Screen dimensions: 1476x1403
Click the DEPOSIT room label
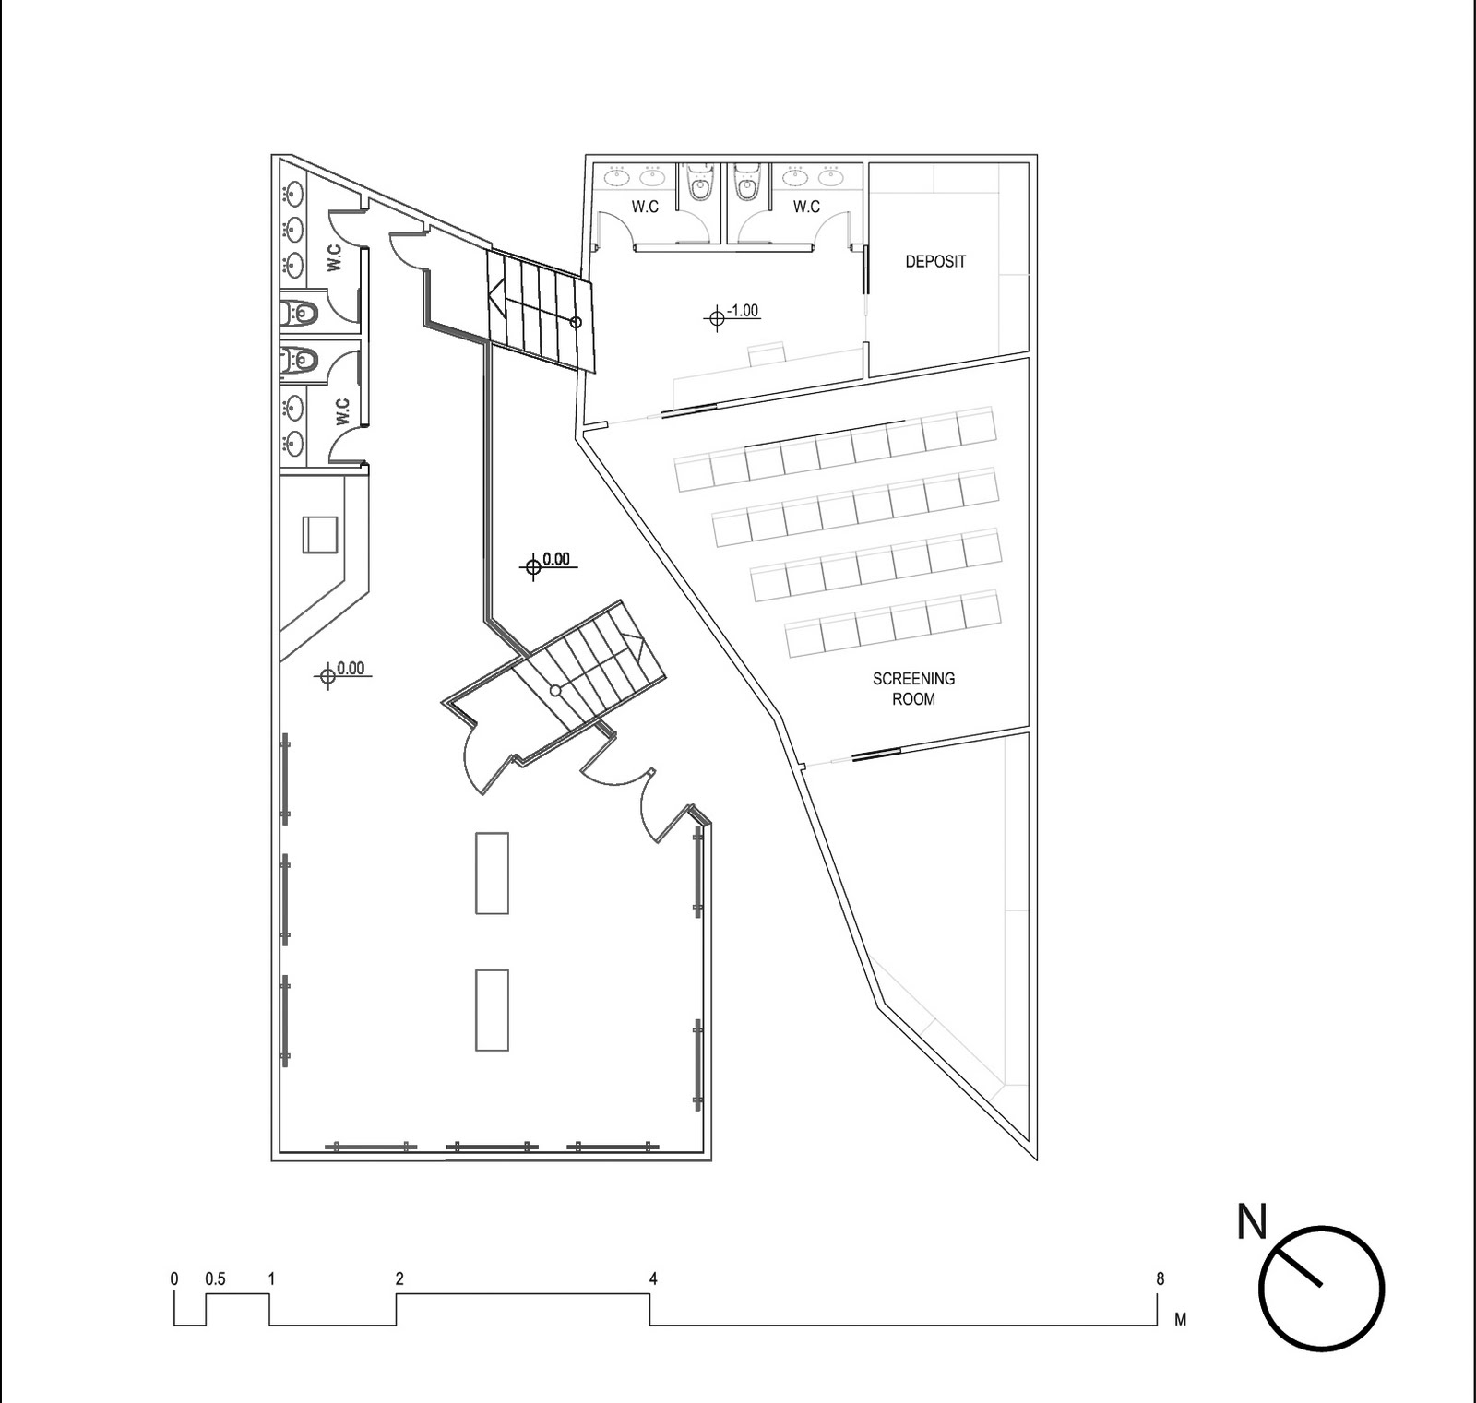(935, 262)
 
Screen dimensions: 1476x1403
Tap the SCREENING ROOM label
(913, 689)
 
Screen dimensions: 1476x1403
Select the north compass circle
(1322, 1289)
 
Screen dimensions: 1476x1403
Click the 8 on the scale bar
(1160, 1279)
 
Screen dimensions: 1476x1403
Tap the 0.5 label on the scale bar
(215, 1279)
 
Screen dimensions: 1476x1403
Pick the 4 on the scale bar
(653, 1279)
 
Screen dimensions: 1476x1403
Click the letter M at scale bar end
(1180, 1320)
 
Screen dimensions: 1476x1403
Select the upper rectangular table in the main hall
(492, 873)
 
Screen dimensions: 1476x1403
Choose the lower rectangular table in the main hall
(492, 1009)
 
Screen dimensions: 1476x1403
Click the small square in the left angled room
(321, 534)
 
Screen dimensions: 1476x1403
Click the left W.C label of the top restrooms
(645, 207)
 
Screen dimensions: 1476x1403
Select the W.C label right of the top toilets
(806, 207)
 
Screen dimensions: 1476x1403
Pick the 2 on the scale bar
(399, 1279)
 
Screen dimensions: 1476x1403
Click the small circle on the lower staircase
(555, 690)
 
